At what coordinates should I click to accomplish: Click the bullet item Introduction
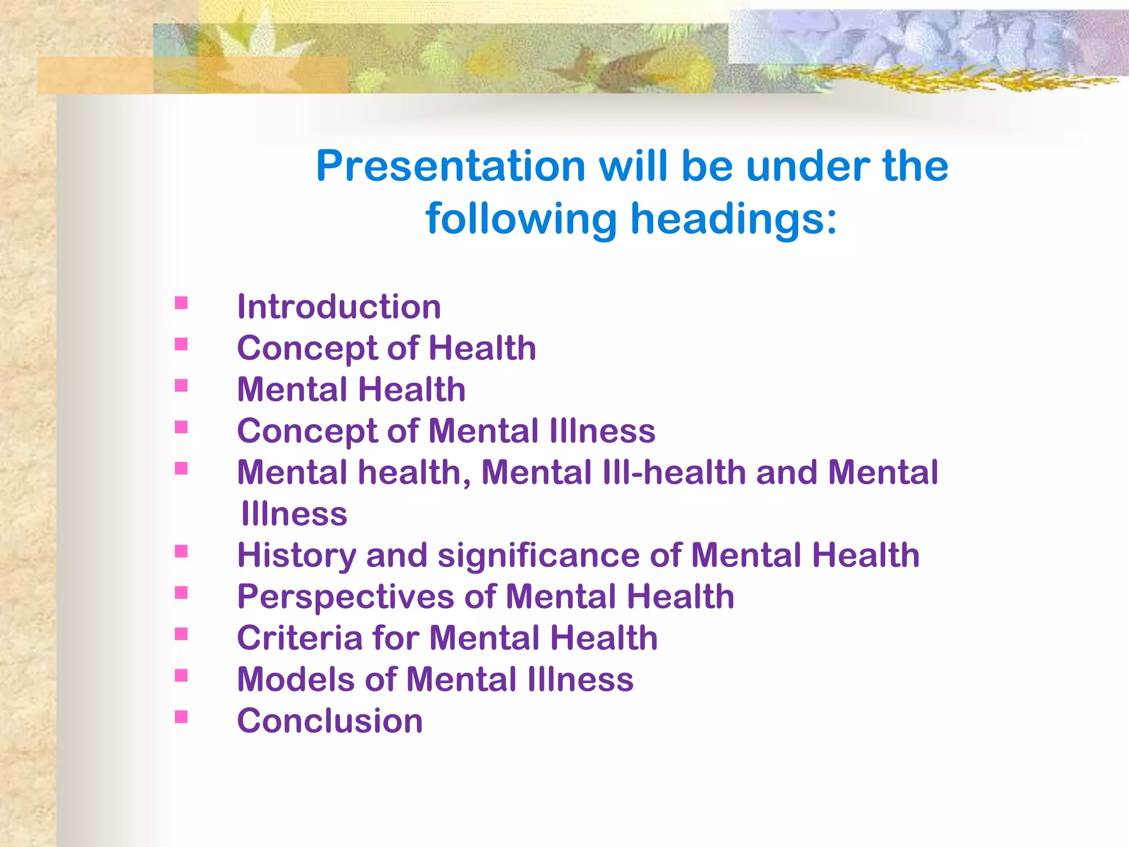pyautogui.click(x=338, y=307)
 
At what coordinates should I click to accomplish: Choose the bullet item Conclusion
pyautogui.click(x=330, y=721)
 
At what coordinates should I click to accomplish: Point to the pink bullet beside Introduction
pyautogui.click(x=181, y=303)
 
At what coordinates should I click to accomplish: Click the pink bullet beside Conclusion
pyautogui.click(x=181, y=716)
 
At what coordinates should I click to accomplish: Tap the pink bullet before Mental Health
pyautogui.click(x=181, y=385)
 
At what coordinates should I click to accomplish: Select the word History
pyautogui.click(x=297, y=556)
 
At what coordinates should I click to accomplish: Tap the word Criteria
pyautogui.click(x=299, y=638)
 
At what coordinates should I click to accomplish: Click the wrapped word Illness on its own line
pyautogui.click(x=294, y=514)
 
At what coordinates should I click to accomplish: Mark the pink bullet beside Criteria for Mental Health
pyautogui.click(x=181, y=634)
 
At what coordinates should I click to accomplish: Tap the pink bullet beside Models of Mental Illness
pyautogui.click(x=181, y=675)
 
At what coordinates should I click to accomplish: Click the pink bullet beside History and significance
pyautogui.click(x=181, y=551)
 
